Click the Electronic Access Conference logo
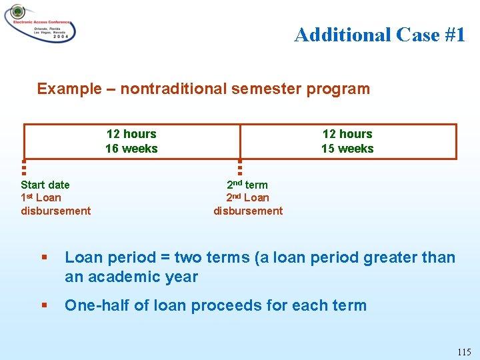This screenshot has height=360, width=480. [40, 23]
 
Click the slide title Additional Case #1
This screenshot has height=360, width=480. [379, 35]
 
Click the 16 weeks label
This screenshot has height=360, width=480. [131, 149]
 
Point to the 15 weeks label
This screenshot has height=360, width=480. [347, 149]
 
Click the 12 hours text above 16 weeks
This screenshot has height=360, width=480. [131, 134]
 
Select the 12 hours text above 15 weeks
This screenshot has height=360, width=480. [347, 134]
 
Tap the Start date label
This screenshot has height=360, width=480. [45, 185]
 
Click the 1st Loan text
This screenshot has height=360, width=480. [41, 197]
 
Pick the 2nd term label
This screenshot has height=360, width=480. [247, 185]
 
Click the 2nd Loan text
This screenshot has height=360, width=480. [247, 197]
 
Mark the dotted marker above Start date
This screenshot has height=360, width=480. [23, 167]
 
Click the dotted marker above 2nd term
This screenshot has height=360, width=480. [240, 167]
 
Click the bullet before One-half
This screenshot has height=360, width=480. [44, 306]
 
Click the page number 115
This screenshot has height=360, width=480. [464, 351]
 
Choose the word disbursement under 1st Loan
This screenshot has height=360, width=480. [56, 211]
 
